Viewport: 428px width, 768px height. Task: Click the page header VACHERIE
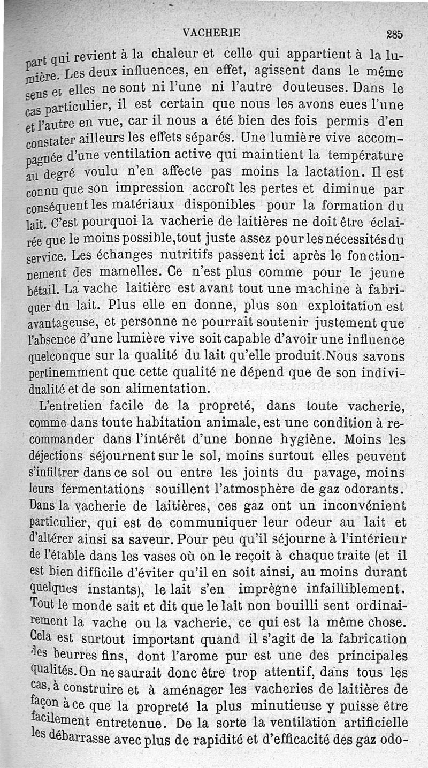[211, 32]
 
